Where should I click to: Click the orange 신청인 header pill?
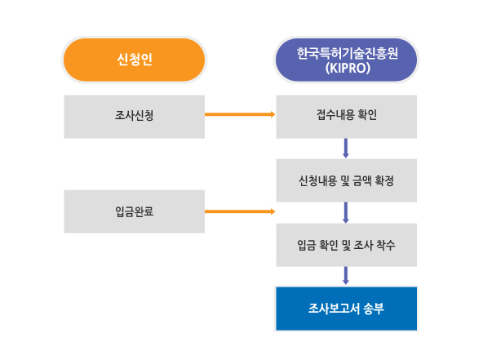(134, 60)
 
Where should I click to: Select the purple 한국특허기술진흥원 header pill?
(346, 60)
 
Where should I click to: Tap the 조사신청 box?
(134, 116)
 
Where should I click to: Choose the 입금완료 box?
(134, 211)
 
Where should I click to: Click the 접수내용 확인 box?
(346, 116)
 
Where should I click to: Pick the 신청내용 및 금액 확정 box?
(346, 180)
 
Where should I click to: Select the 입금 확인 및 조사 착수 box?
(346, 245)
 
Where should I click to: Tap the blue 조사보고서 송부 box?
(346, 309)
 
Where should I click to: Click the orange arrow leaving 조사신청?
(239, 115)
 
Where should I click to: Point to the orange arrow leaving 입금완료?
(239, 211)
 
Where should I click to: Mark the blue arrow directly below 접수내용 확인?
(346, 148)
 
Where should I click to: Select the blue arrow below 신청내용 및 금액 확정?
(346, 212)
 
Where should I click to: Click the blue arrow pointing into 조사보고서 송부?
(346, 276)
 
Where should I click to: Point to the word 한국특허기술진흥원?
(346, 52)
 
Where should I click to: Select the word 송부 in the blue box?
(372, 309)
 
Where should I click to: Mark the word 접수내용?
(335, 116)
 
